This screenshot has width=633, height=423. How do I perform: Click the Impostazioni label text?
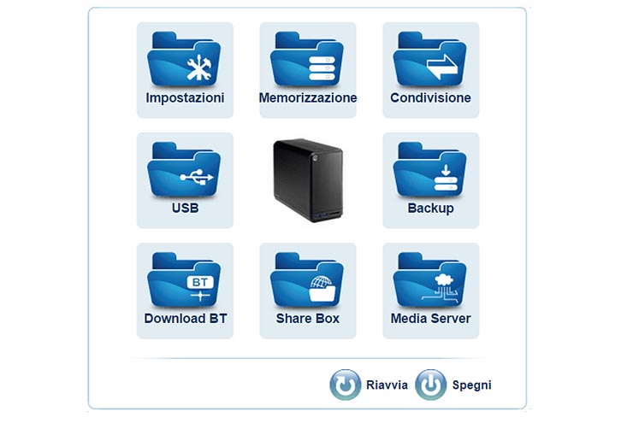185,98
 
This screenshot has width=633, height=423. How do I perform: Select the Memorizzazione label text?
308,98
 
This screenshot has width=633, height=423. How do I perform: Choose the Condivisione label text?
430,98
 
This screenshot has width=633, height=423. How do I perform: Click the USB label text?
185,208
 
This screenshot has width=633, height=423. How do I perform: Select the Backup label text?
430,208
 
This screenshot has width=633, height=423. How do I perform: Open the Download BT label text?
185,319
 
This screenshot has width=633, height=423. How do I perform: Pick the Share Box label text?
308,319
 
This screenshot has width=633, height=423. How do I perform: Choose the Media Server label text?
430,319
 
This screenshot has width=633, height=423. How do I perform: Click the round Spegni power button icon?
430,385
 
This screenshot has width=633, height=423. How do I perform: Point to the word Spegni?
471,385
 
